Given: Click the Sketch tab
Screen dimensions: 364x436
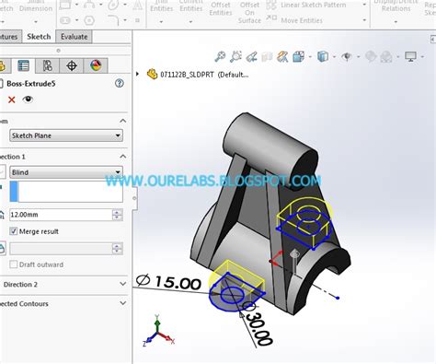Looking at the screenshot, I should [x=40, y=37].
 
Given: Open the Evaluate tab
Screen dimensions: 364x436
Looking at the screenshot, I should [x=75, y=37].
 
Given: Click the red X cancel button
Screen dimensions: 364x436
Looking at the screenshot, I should [x=11, y=100].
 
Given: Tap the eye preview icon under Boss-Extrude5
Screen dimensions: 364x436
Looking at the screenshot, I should [x=28, y=100].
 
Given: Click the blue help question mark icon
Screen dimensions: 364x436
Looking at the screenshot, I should [x=120, y=83].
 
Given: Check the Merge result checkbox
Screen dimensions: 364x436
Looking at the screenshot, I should [x=14, y=231].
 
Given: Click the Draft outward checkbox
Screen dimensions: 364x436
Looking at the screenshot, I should [x=14, y=264].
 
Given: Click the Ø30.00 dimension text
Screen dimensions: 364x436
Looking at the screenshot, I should [x=258, y=327].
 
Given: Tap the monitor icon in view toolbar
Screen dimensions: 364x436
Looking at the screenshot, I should [x=411, y=56].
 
